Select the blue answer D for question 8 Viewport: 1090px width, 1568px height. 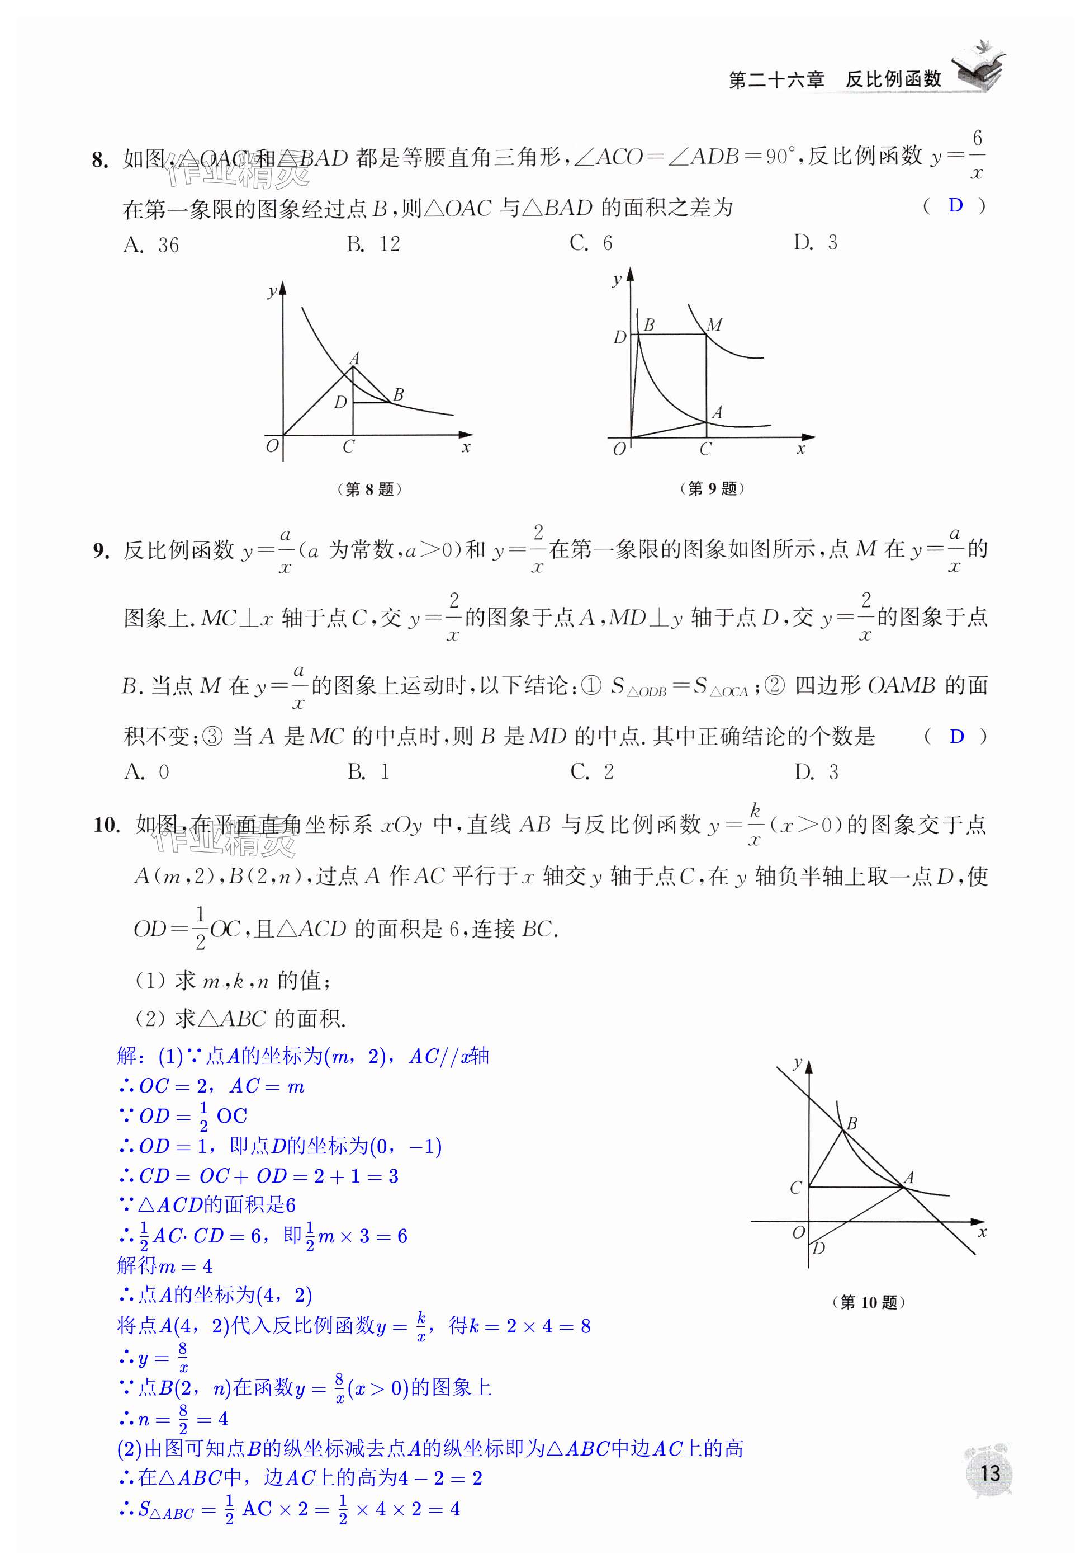coord(955,205)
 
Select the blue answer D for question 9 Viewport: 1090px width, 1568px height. coord(956,736)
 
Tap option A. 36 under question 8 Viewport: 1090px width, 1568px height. coord(151,244)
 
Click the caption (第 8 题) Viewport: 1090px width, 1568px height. coord(369,489)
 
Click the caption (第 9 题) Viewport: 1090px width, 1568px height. coord(712,488)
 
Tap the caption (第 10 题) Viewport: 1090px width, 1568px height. coord(868,1302)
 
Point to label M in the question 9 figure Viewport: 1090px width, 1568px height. coord(714,325)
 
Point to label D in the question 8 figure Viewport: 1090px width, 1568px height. coord(340,403)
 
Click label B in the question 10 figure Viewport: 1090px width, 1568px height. coord(852,1123)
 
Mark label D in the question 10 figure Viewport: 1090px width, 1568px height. coord(818,1247)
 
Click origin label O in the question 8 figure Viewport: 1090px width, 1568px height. coord(272,446)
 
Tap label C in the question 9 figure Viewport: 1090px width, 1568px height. coord(705,449)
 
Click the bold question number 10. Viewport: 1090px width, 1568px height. coord(106,825)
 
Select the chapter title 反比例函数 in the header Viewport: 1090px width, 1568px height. coord(893,80)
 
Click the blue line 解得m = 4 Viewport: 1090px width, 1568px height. coord(164,1266)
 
